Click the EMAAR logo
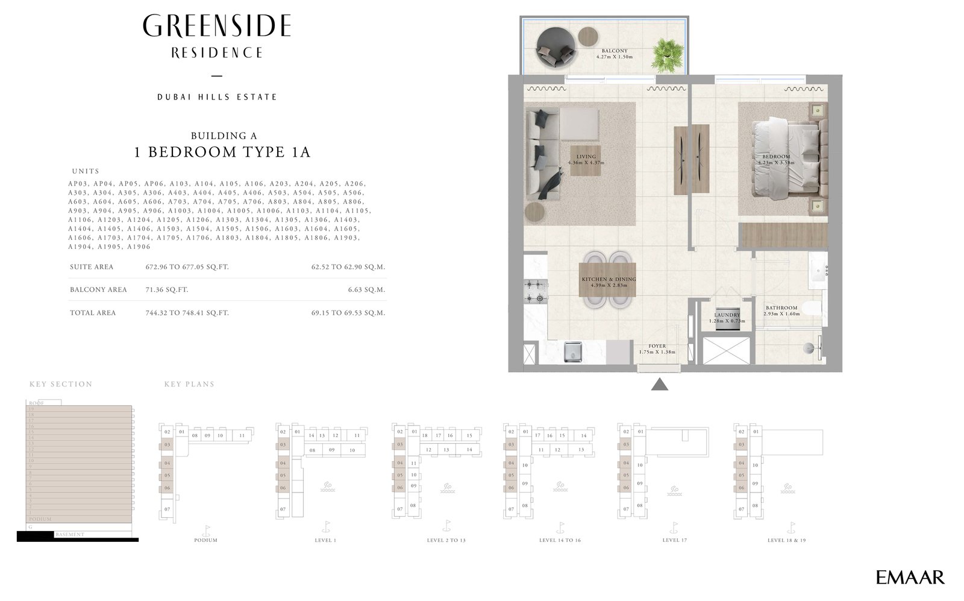pos(910,577)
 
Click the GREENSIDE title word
pos(217,27)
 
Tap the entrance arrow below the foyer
pos(660,384)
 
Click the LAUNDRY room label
pos(727,315)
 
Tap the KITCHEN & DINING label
pos(609,280)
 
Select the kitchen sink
pos(572,352)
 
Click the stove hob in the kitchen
pos(534,291)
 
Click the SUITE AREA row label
pos(92,267)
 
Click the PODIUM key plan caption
pos(205,540)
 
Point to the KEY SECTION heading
pos(61,384)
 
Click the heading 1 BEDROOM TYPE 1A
pos(222,152)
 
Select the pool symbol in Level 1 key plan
pos(327,486)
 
